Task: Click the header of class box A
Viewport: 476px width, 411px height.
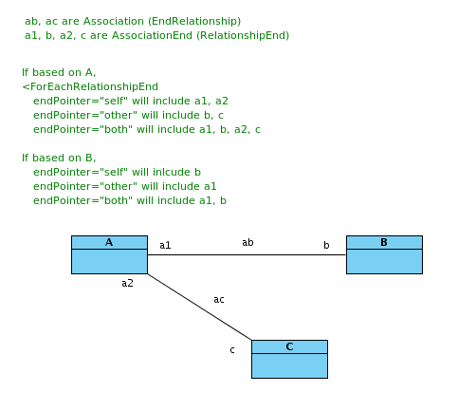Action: coord(109,242)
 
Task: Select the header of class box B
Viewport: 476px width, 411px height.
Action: coord(384,242)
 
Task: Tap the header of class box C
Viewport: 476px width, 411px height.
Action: coord(289,346)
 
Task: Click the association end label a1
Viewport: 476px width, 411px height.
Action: coord(165,245)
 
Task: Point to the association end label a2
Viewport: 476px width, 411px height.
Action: coord(127,283)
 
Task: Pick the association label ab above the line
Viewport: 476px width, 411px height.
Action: coord(247,242)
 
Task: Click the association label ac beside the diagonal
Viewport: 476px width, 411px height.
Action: coord(219,299)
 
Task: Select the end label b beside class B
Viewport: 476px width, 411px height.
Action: coord(326,245)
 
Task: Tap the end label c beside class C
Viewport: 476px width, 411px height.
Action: coord(232,350)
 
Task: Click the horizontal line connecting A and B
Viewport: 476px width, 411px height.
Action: coord(247,254)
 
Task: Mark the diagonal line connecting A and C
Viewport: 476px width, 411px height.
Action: coord(199,307)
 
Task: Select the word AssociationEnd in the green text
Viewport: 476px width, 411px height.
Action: coord(152,35)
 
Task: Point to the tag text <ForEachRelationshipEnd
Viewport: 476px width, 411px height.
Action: coord(90,86)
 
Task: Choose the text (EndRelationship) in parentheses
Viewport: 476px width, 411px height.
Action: coord(194,22)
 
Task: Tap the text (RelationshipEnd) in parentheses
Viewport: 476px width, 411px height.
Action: coord(243,36)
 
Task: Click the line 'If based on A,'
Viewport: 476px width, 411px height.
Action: coord(59,73)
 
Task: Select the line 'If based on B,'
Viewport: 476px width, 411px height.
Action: coord(59,158)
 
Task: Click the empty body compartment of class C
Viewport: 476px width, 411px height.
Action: coord(289,365)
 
